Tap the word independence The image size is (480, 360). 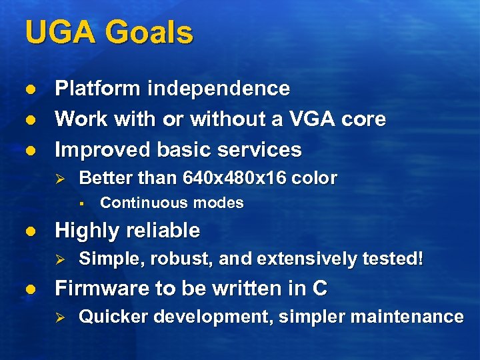(x=219, y=89)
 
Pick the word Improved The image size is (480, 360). (x=102, y=150)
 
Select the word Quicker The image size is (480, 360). (x=109, y=317)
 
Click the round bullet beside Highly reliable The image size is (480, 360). (x=29, y=231)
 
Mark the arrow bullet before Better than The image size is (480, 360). (x=59, y=179)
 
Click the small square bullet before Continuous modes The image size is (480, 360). (x=79, y=203)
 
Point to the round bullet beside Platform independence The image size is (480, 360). (x=29, y=89)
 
